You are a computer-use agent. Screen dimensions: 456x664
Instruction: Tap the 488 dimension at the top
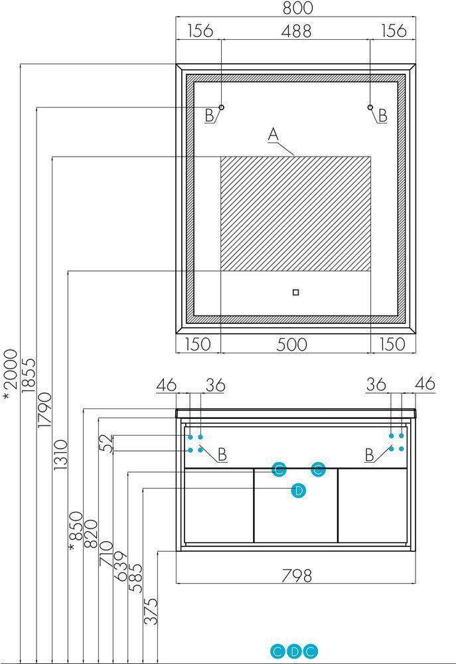coord(296,31)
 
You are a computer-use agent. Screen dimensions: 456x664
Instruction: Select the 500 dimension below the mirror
coord(292,344)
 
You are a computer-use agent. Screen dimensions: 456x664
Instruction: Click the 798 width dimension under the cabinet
coord(297,576)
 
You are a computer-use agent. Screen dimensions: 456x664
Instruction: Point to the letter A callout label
coord(273,134)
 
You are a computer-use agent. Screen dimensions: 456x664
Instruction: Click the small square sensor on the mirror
coord(295,292)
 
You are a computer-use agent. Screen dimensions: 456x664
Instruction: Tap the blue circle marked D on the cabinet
coord(299,491)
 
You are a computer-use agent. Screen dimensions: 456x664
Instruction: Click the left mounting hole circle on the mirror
coord(221,107)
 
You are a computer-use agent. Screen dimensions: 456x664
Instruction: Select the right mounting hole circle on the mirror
coord(370,107)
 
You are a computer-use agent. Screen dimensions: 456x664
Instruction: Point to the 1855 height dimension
coord(29,376)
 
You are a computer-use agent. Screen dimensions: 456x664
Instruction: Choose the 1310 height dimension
coord(60,454)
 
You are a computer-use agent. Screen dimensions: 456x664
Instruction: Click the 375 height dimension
coord(151,611)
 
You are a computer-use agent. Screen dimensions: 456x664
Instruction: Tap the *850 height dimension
coord(76,531)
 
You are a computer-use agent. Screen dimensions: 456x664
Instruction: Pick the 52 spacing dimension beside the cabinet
coord(109,444)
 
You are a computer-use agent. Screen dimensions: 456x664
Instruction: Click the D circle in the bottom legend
coord(294,652)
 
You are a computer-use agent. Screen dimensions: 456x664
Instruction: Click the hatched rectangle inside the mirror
coord(295,213)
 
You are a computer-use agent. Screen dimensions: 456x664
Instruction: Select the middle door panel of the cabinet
coord(295,505)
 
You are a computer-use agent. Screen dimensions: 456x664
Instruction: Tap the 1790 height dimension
coord(44,410)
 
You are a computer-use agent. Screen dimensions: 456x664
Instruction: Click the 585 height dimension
coord(135,578)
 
